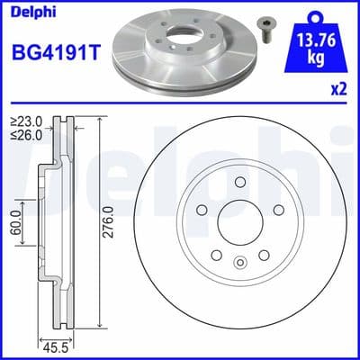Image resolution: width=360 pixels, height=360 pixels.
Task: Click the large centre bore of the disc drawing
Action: coord(238,225)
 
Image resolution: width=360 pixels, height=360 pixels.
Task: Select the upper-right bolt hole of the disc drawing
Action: coord(278,211)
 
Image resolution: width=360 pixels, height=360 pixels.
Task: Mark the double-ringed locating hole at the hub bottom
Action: coord(238,264)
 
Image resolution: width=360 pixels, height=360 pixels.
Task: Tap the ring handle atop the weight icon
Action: coord(313,13)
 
